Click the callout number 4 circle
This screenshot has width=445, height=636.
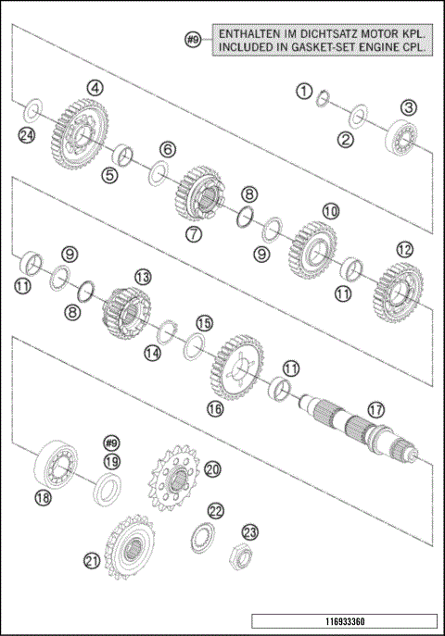click(x=95, y=87)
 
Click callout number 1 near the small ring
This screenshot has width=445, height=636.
click(x=302, y=90)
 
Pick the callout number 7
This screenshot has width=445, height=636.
click(x=192, y=234)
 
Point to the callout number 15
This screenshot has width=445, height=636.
click(x=204, y=322)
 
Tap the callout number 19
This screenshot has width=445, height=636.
click(x=111, y=461)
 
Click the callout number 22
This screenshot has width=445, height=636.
click(x=215, y=510)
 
